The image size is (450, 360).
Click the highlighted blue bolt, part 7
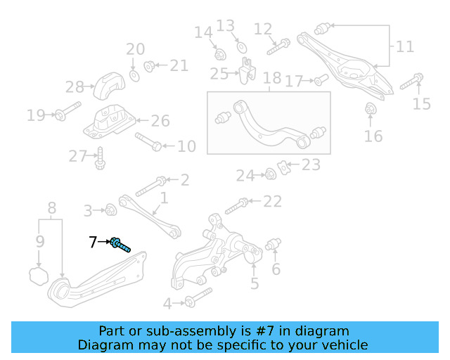point(120,245)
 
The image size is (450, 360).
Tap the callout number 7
point(93,242)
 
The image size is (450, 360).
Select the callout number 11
point(405,46)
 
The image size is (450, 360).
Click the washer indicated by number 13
point(242,47)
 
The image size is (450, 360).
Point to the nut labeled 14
point(220,55)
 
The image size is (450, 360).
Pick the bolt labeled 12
point(278,46)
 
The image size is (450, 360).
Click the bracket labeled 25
point(247,70)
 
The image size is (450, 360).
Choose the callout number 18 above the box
point(272,78)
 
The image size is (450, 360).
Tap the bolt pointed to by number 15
point(411,82)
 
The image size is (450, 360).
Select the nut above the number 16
point(371,108)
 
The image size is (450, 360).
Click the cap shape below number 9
point(39,276)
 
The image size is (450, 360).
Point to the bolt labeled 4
point(198,297)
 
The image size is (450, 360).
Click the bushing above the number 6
point(274,244)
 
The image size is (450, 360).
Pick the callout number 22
point(272,201)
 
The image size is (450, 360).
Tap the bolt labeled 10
point(148,142)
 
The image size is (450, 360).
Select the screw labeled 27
point(100,158)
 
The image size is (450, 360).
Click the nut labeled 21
point(149,66)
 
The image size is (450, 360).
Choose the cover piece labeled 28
point(110,86)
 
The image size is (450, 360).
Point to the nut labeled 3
point(111,210)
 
